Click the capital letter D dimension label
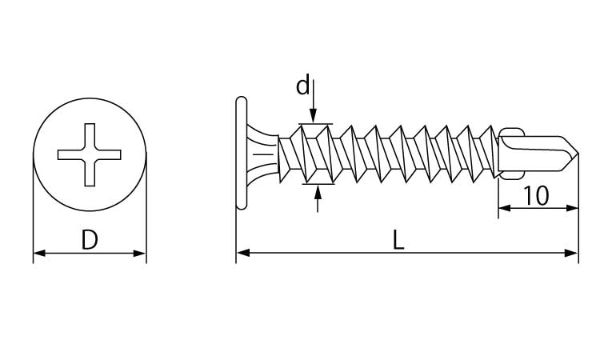(90, 239)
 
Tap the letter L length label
(398, 240)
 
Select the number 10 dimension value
(536, 195)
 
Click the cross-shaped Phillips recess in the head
(90, 154)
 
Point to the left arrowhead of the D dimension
(39, 254)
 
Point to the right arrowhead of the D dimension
(140, 254)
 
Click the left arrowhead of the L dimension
(243, 253)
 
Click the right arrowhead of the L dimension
(572, 253)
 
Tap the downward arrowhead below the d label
(314, 116)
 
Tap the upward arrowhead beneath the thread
(318, 191)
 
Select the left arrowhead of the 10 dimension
(505, 208)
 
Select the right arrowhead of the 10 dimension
(572, 208)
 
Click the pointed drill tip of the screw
(578, 154)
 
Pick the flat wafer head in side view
(242, 153)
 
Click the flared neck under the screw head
(262, 153)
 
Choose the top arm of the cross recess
(90, 136)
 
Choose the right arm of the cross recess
(108, 154)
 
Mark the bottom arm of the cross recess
(90, 174)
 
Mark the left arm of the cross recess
(70, 154)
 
